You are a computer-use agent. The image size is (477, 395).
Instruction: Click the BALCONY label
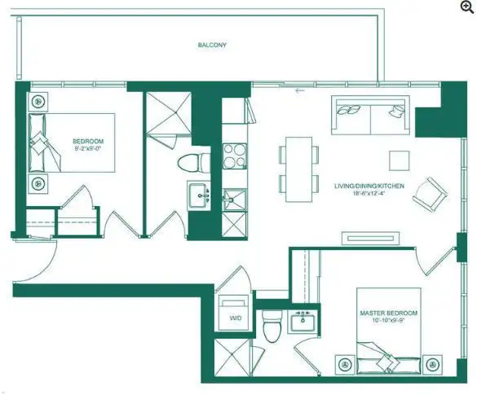coord(212,46)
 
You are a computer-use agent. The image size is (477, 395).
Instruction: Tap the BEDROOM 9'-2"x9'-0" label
coord(88,145)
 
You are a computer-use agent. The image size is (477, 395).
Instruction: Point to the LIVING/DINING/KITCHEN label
coord(369,186)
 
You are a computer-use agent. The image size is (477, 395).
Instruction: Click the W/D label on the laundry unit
coord(236,318)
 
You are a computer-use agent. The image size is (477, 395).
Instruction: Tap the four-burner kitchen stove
coord(234,156)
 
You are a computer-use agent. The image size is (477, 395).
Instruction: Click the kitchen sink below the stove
coord(234,200)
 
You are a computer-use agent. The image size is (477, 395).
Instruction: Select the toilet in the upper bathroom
coord(193,163)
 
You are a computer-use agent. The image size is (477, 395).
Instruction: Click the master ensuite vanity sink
coord(303,322)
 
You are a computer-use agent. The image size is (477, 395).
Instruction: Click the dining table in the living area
coord(299,169)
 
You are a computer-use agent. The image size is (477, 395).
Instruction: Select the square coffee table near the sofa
coord(400,160)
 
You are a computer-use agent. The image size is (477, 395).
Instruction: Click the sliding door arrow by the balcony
coord(300,90)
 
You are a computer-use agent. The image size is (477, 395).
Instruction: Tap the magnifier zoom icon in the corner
coord(467,7)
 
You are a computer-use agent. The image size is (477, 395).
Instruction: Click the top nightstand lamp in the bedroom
coord(38,101)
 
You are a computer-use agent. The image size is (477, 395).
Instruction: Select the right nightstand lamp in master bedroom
coord(432,364)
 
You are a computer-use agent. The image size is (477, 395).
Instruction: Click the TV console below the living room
coord(370,238)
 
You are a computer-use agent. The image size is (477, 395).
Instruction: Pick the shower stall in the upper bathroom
coord(169,112)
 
